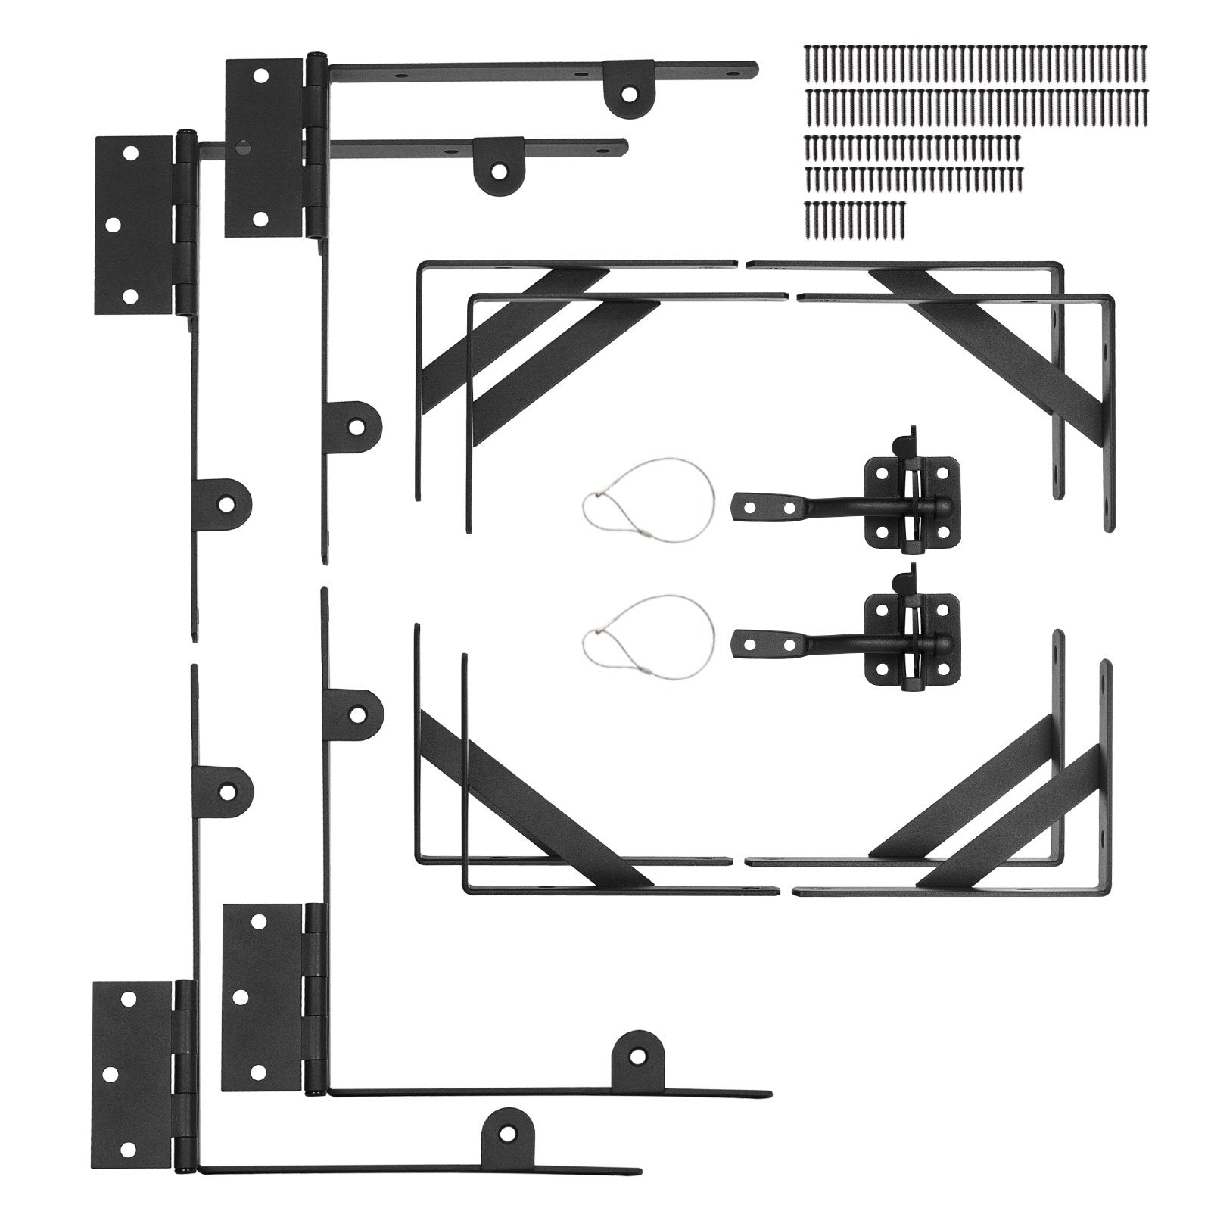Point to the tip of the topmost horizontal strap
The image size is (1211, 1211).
(752, 67)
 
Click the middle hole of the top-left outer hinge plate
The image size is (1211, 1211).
(112, 226)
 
